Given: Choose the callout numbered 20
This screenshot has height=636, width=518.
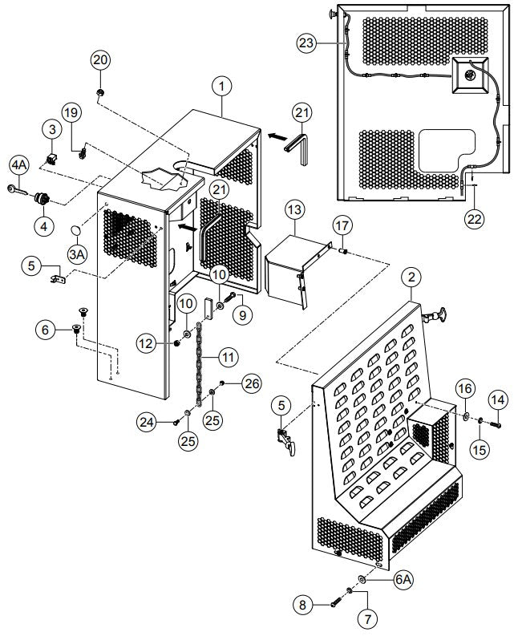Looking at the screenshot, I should click(x=101, y=60).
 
